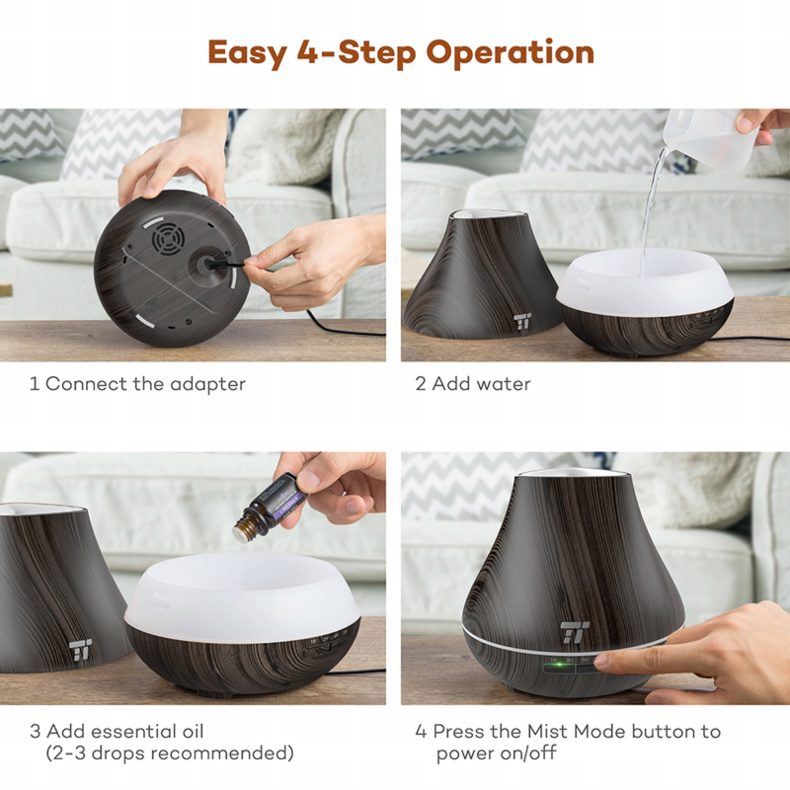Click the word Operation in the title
click(x=510, y=53)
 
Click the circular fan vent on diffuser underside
click(x=167, y=240)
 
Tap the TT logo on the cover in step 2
click(x=522, y=322)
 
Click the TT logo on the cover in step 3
click(x=81, y=651)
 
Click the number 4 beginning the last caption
click(x=421, y=732)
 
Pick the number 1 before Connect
click(x=35, y=384)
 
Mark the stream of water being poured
click(x=649, y=211)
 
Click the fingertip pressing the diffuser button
click(x=602, y=661)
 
